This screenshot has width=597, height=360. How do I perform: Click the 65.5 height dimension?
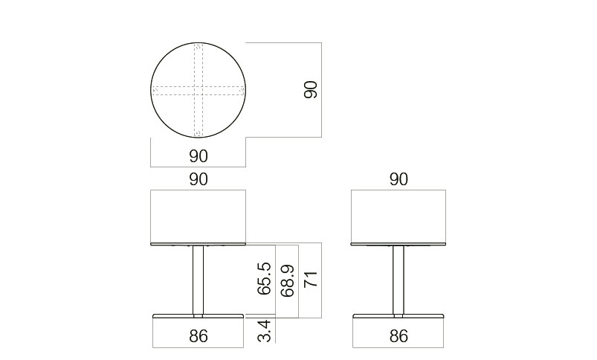click(265, 278)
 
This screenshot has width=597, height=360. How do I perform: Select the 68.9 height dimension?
click(288, 280)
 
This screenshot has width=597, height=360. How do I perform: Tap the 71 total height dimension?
click(311, 279)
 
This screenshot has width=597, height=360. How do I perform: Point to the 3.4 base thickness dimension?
click(265, 331)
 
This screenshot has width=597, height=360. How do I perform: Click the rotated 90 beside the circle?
click(311, 90)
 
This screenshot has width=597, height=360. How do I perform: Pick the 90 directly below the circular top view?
click(199, 156)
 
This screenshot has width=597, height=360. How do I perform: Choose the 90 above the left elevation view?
click(199, 179)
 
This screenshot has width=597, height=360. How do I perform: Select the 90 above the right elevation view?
click(398, 179)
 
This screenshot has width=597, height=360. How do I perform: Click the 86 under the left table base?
click(199, 336)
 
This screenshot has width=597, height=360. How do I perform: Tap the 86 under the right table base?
click(398, 336)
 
